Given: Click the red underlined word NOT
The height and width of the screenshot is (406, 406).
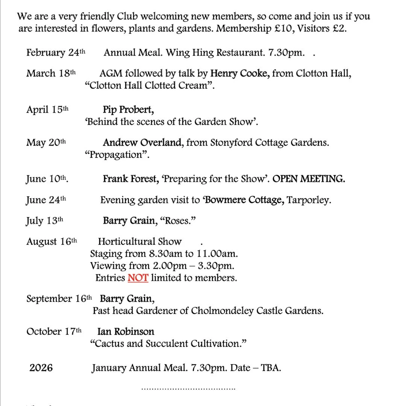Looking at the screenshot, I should [138, 278].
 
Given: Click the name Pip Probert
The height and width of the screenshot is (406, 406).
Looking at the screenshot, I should [128, 110].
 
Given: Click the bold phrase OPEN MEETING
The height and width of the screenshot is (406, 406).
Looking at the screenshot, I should [309, 179].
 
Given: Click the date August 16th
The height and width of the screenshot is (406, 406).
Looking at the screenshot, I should [52, 242].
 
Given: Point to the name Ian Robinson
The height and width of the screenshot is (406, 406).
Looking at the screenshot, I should [126, 332].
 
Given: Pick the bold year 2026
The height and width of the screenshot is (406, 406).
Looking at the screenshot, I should [41, 368].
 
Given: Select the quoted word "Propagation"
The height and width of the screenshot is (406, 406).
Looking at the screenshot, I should [117, 155].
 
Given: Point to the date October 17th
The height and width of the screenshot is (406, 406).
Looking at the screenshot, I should [54, 332].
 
